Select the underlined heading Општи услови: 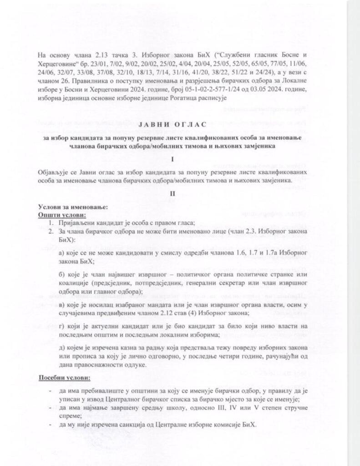[x=62, y=214]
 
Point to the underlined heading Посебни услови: [x=64, y=378]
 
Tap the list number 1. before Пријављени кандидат [x=52, y=223]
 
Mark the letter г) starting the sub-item [x=62, y=326]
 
